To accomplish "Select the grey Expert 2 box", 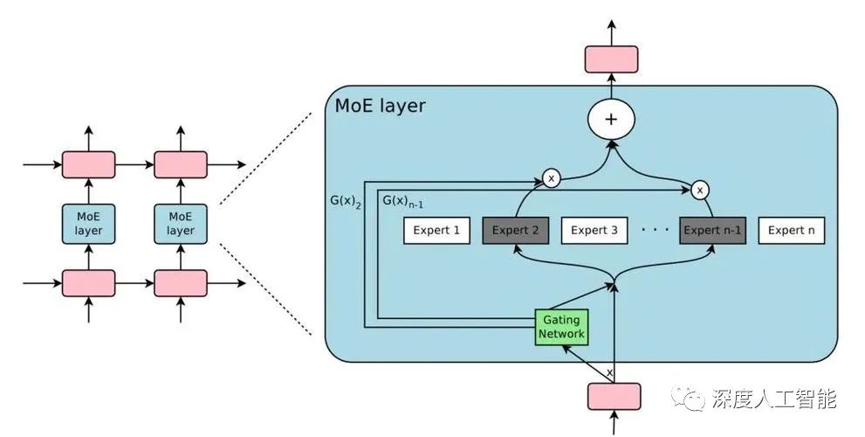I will [x=516, y=231].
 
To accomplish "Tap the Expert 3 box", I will [x=594, y=231].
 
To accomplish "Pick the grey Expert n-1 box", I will [x=712, y=231].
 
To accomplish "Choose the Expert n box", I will [x=792, y=231].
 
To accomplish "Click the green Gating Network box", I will [x=560, y=327].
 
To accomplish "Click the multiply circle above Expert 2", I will [x=551, y=178].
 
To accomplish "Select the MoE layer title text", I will [x=381, y=107].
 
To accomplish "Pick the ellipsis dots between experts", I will [x=655, y=231].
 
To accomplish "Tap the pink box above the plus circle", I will [x=611, y=59].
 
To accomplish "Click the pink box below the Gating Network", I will [x=613, y=396].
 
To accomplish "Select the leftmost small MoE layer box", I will [x=88, y=224].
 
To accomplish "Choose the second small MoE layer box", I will [x=181, y=224].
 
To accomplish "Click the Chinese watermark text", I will [x=775, y=399].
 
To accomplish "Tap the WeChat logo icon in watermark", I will [x=693, y=399].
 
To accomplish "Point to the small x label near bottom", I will [x=609, y=373].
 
